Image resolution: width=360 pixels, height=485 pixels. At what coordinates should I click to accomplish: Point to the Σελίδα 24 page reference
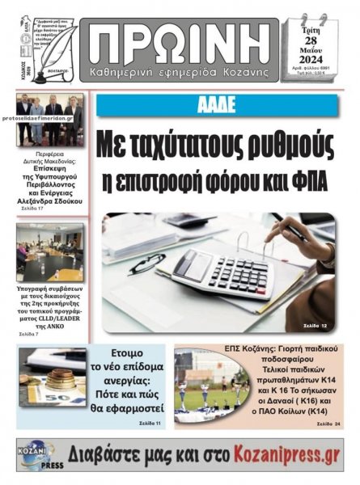(323, 424)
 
